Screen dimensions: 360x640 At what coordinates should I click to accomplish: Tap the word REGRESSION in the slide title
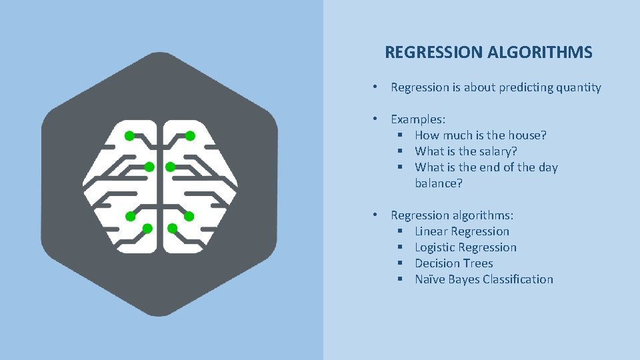(434, 53)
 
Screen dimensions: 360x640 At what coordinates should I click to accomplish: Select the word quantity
(576, 87)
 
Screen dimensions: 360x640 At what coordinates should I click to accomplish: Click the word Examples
(417, 119)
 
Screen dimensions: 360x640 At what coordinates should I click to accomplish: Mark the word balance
(437, 183)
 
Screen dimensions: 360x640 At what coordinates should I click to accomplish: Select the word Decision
(437, 263)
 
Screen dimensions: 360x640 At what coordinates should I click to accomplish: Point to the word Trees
(478, 263)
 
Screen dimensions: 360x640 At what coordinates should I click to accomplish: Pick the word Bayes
(465, 279)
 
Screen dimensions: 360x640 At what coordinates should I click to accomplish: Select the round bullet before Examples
(377, 119)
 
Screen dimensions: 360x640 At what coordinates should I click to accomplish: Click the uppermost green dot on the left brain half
(129, 135)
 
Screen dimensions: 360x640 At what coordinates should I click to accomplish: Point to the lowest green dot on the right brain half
(172, 229)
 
